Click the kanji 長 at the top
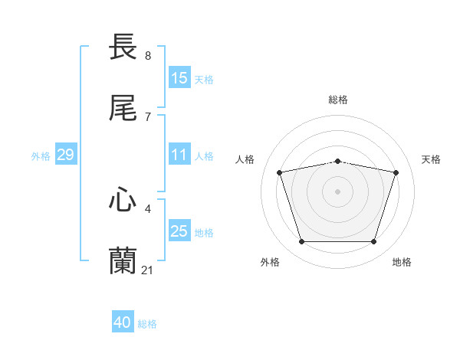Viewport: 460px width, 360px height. coord(123,47)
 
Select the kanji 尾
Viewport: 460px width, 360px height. coord(123,109)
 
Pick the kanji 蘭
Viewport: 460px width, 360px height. coord(123,260)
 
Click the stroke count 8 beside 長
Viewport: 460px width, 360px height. coord(148,55)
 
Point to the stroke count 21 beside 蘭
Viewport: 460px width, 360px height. coord(148,269)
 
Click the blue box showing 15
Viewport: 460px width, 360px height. coord(179,78)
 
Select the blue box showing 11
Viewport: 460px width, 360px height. coord(179,155)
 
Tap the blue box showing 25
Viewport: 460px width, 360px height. coord(179,231)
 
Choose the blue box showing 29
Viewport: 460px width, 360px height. coord(65,155)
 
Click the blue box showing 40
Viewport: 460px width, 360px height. coord(123,322)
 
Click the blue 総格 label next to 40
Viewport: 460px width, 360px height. coord(147,324)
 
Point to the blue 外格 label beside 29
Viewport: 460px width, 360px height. coord(41,156)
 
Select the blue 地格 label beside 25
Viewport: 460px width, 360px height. coord(204,233)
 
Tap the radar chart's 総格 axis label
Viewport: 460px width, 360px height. coord(337,100)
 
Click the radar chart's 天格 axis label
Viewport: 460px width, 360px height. coord(431,159)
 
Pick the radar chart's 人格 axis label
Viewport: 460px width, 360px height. coord(245,159)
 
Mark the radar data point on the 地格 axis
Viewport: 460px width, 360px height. coord(373,242)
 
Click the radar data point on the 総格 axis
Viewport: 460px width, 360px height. coord(337,161)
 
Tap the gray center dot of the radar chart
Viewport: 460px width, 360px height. coord(337,191)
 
